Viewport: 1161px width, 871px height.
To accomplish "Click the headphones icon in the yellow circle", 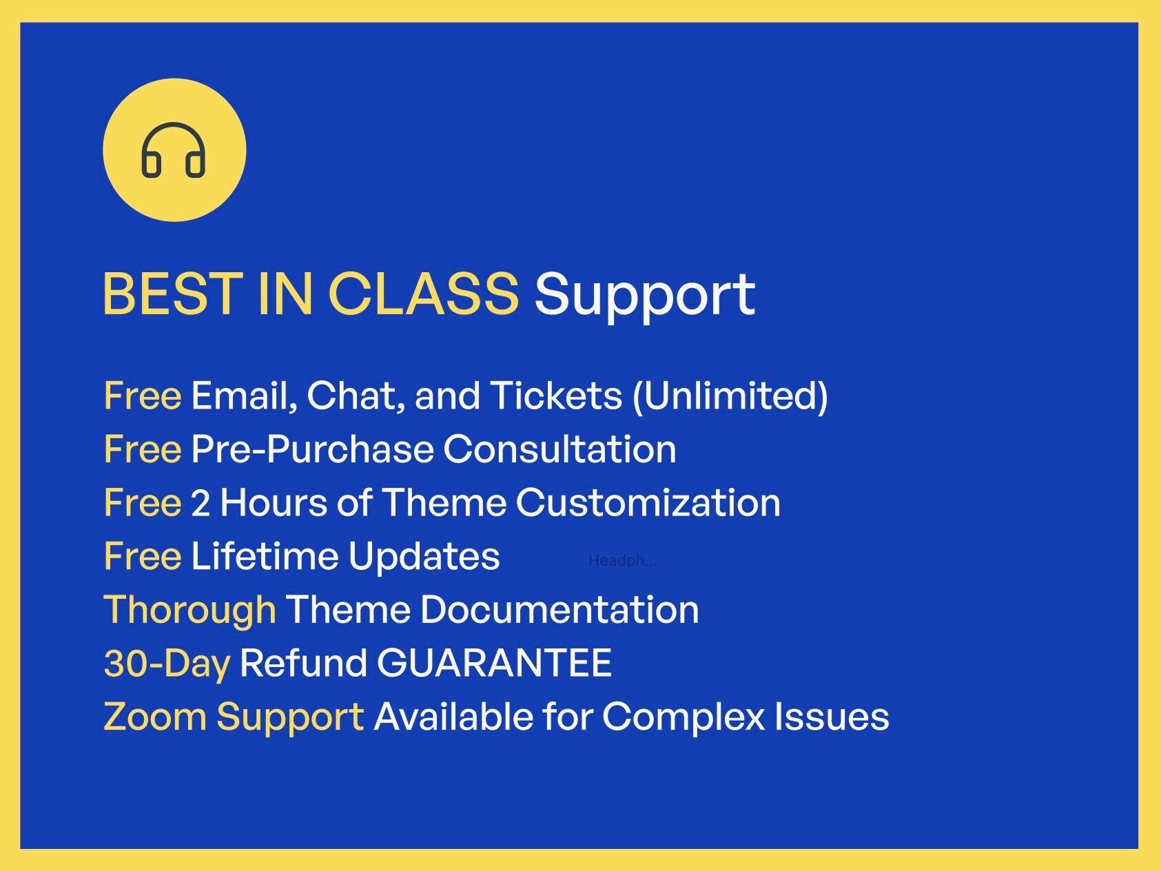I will click(174, 150).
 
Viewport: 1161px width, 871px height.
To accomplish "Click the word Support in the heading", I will click(644, 295).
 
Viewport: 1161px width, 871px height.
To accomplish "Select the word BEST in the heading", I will click(172, 294).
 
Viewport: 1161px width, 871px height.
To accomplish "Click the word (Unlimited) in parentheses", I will click(730, 396).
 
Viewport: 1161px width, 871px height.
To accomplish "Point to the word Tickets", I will click(555, 396).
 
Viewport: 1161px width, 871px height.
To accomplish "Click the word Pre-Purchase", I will click(312, 450).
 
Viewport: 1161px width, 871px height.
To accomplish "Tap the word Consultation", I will click(559, 450).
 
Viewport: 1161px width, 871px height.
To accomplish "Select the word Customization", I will click(648, 502).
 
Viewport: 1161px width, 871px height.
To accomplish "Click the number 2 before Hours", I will click(200, 503).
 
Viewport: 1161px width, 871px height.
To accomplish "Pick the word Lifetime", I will click(265, 556).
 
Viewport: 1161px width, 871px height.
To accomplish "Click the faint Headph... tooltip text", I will click(621, 561).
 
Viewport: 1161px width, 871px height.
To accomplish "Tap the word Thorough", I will click(189, 611).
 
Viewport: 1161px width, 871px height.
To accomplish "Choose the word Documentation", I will click(559, 610).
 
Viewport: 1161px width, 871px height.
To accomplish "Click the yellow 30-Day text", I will click(167, 664).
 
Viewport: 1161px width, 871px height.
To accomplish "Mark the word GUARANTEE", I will click(494, 664).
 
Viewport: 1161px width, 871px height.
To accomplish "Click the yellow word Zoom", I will click(154, 717).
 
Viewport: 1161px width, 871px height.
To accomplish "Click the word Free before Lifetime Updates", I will click(143, 556).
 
